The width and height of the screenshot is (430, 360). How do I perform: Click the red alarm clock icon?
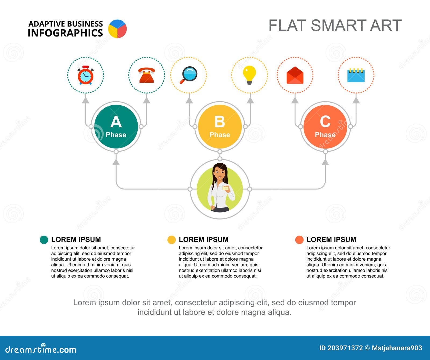click(x=85, y=75)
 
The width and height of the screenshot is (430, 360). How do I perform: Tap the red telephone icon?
click(x=146, y=75)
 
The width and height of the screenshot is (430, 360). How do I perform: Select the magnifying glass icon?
click(x=189, y=75)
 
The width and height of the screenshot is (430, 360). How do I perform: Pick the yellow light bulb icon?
click(x=249, y=74)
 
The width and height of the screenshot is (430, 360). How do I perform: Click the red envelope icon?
click(x=295, y=75)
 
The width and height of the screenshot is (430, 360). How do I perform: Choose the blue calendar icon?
click(x=356, y=75)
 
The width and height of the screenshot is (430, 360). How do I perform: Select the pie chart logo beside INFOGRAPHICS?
click(x=117, y=29)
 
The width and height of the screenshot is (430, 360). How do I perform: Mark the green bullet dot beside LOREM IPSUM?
click(x=44, y=240)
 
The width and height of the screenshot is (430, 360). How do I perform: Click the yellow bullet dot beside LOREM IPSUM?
click(x=171, y=240)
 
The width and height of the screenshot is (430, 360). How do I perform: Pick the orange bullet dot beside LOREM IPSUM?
click(x=299, y=240)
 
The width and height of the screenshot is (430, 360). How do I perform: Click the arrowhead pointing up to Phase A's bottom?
click(x=116, y=162)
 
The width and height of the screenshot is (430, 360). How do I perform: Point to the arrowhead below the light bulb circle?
click(x=250, y=100)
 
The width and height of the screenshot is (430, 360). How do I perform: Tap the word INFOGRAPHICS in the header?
click(x=65, y=33)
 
